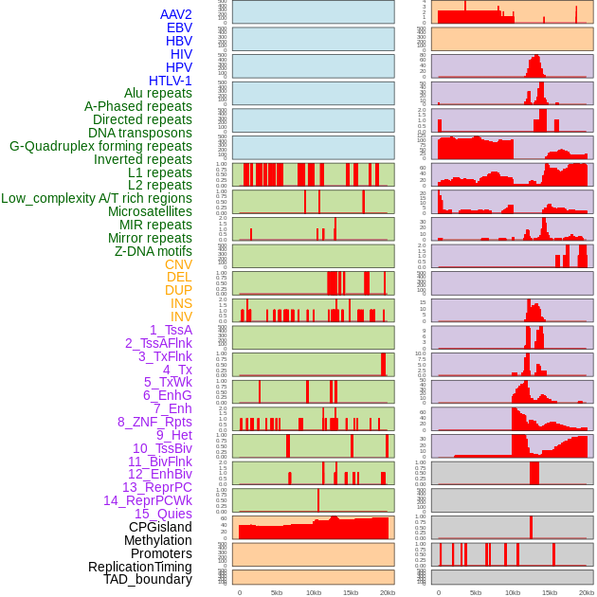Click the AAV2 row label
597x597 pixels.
pos(176,14)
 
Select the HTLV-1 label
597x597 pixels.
pos(171,81)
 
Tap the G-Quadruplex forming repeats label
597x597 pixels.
pos(100,146)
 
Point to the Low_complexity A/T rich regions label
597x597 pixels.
pos(97,198)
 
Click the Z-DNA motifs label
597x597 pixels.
pos(154,251)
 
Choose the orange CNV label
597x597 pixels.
pos(178,264)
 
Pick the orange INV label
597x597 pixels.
pos(181,317)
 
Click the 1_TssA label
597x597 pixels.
pos(171,330)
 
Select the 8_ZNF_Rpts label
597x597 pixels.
pos(154,422)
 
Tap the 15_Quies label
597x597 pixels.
pos(163,514)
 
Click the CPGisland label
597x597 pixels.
pos(160,527)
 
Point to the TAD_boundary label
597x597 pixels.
pos(148,579)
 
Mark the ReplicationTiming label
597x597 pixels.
pos(140,567)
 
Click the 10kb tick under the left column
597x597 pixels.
pos(313,592)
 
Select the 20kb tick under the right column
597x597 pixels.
pos(587,592)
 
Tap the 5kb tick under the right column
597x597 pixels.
pos(476,592)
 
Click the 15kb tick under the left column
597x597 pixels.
pos(350,592)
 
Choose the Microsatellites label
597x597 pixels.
pos(150,211)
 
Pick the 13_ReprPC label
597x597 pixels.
pos(157,487)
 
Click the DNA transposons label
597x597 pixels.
pos(140,133)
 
